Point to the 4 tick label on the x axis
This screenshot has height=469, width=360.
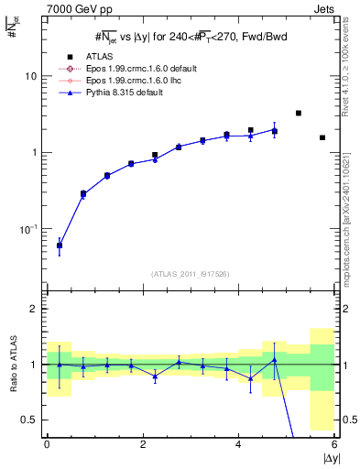tap(239, 444)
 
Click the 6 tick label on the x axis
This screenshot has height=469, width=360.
tap(335, 444)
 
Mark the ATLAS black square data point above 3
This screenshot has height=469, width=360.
tap(299, 113)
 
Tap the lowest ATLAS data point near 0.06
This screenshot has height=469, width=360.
tap(60, 245)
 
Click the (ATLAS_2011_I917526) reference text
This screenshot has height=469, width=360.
tap(191, 273)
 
